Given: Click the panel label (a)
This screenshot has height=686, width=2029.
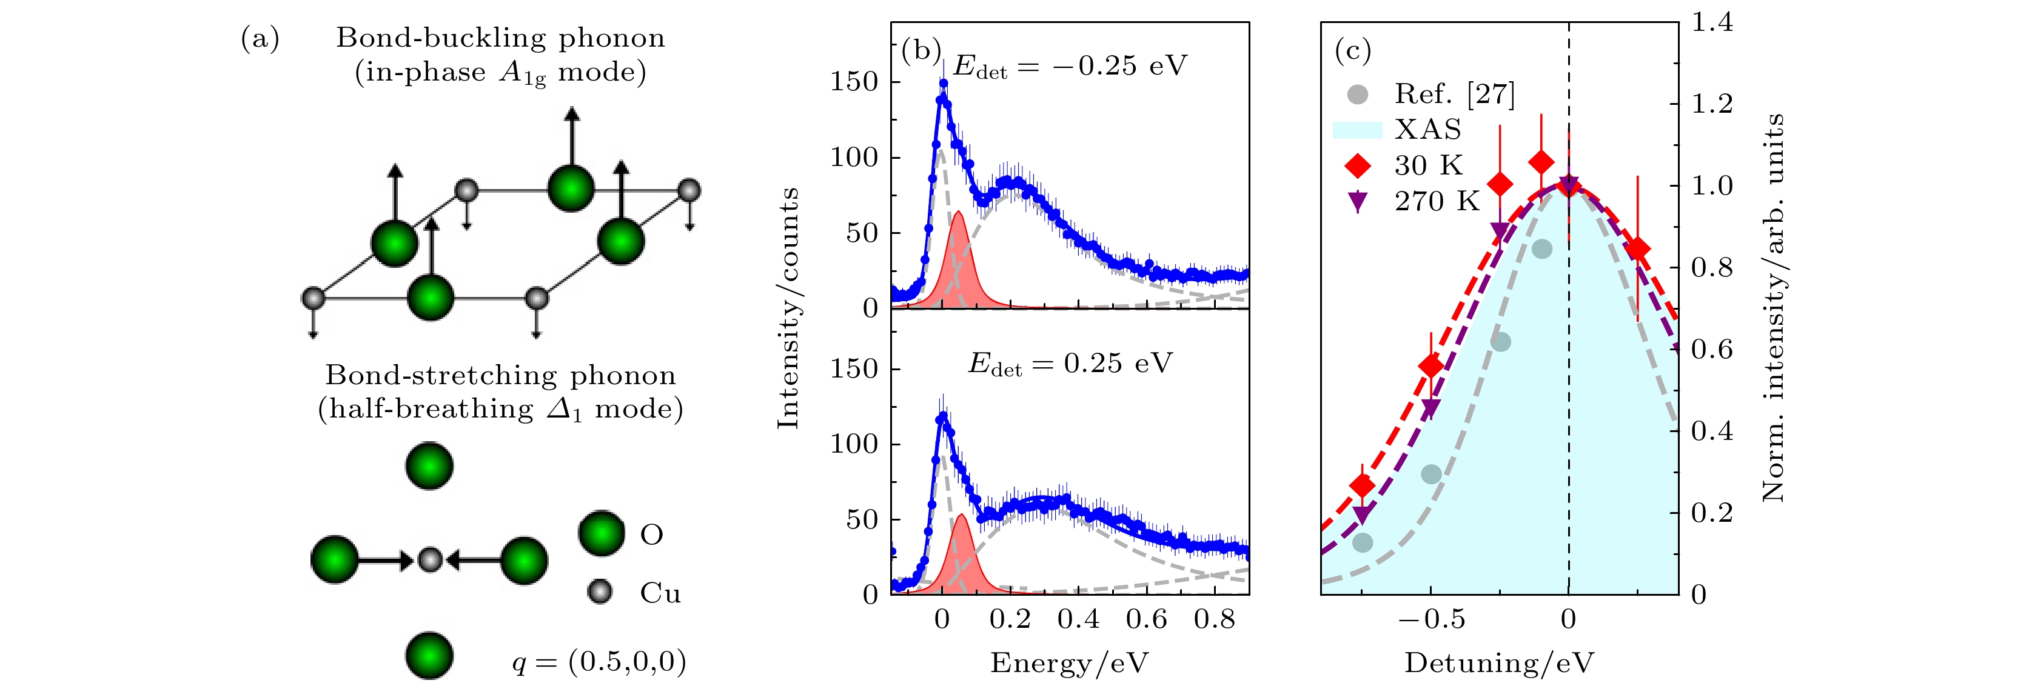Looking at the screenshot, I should (x=260, y=39).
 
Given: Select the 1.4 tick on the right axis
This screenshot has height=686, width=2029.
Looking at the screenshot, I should (x=1712, y=22).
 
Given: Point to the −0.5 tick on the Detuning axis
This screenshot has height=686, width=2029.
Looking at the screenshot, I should (x=1431, y=619).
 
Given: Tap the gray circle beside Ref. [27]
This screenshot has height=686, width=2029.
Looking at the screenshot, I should (x=1357, y=95).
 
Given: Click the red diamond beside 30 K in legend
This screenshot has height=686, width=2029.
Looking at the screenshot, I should (x=1357, y=165).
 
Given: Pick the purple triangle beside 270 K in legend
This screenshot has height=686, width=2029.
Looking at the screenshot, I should (x=1357, y=202).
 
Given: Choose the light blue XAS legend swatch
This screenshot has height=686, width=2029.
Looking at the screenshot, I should (x=1357, y=130).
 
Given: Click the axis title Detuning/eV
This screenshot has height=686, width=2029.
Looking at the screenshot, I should (x=1499, y=663).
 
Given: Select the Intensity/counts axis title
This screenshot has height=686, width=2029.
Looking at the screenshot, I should (x=788, y=308).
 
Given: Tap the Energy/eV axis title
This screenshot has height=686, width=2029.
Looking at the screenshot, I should (x=1070, y=663).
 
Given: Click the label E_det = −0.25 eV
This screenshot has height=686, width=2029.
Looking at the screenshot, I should (x=1070, y=66).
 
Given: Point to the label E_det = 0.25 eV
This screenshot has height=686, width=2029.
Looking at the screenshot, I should (x=1070, y=363).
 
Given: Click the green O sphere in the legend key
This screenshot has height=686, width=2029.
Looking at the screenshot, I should (x=602, y=533).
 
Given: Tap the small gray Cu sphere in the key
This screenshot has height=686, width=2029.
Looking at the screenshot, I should (x=600, y=591).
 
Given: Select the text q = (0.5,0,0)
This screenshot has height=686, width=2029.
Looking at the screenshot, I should (x=599, y=662).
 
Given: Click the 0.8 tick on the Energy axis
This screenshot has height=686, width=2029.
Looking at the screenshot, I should (x=1214, y=619).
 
